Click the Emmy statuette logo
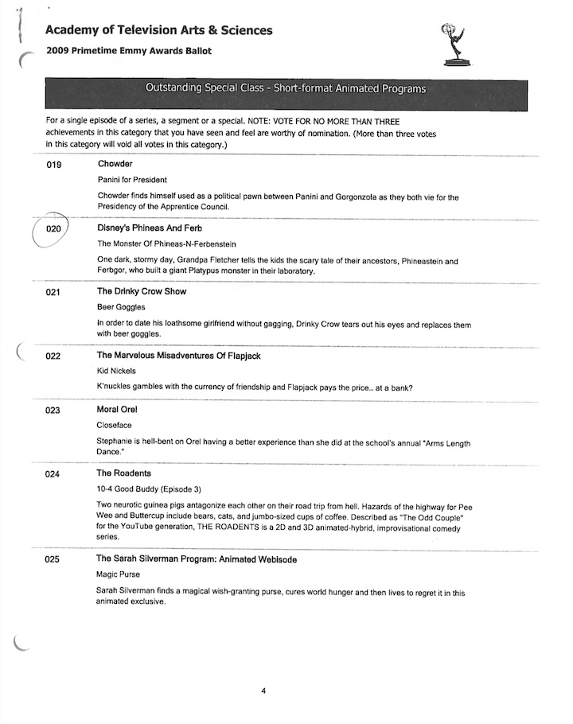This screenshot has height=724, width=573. [x=454, y=45]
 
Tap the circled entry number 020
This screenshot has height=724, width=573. [x=54, y=229]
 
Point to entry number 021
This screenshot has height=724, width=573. [x=54, y=293]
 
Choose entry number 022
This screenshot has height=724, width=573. [x=54, y=356]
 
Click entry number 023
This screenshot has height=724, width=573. [x=54, y=411]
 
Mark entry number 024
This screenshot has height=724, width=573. [x=54, y=474]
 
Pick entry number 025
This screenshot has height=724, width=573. [x=54, y=560]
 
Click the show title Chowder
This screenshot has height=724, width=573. [x=115, y=164]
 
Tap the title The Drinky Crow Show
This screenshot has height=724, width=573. [x=142, y=292]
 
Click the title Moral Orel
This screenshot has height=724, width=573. [x=119, y=410]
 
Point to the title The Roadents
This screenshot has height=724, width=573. [x=124, y=473]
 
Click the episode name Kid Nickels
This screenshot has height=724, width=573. [x=116, y=371]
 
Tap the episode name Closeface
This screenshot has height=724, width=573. [x=115, y=426]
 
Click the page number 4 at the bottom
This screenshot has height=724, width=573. [x=263, y=691]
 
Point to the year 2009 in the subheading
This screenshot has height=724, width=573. [x=59, y=52]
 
